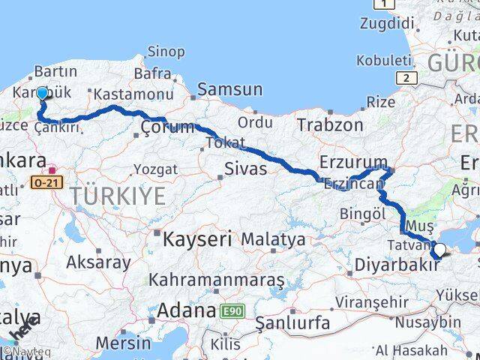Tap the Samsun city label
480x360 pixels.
[230, 90]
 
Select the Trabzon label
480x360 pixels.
[330, 124]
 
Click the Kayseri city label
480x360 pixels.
[197, 240]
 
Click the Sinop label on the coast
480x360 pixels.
[166, 52]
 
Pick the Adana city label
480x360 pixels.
[187, 310]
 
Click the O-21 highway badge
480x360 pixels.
[43, 182]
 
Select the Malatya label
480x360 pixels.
[273, 240]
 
